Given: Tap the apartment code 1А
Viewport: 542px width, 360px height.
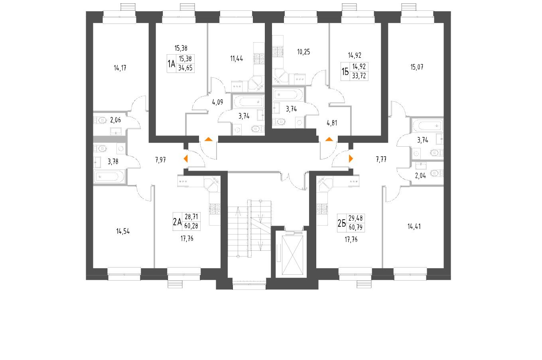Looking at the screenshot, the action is pyautogui.click(x=171, y=65).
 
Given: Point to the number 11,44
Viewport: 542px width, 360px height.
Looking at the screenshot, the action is pyautogui.click(x=237, y=58).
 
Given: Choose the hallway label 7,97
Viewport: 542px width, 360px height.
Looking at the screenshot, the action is pyautogui.click(x=160, y=160).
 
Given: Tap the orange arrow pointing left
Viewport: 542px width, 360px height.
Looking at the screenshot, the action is pyautogui.click(x=185, y=159).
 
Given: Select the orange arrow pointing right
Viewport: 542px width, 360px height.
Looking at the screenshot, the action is pyautogui.click(x=351, y=158).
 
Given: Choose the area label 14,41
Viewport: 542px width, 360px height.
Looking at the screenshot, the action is pyautogui.click(x=414, y=227).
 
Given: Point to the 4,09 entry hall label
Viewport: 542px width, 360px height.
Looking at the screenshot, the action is pyautogui.click(x=217, y=101).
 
